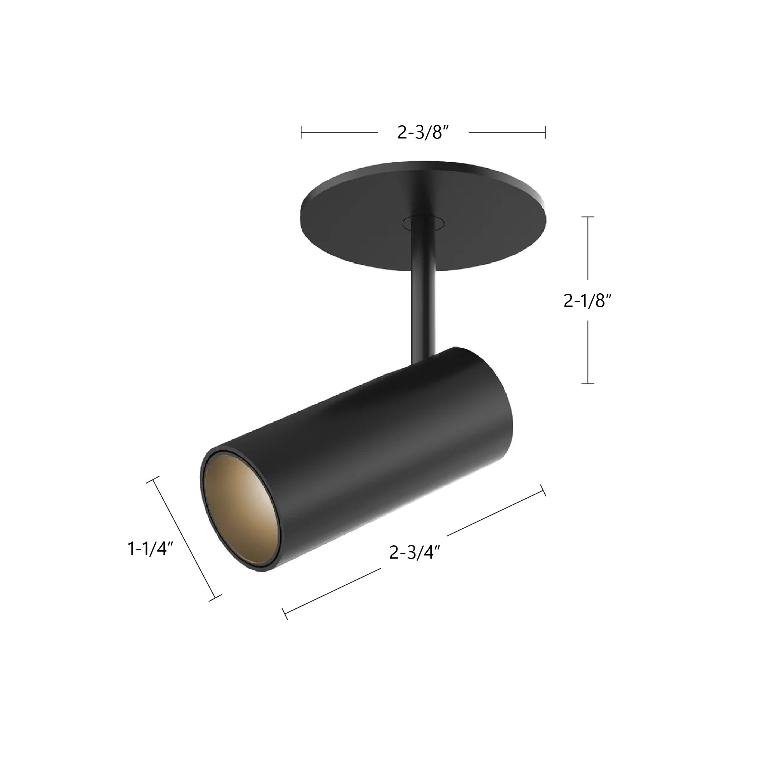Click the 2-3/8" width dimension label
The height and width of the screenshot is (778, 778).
click(423, 133)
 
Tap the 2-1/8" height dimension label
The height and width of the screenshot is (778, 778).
click(587, 301)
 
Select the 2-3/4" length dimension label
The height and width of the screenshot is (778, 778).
click(414, 552)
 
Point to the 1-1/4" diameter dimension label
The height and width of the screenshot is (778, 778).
click(150, 548)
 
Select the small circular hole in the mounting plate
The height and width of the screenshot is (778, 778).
click(423, 222)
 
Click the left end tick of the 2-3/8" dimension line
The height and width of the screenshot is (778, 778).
click(301, 133)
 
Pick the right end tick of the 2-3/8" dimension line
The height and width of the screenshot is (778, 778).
click(545, 133)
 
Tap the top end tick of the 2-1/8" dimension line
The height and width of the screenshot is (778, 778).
click(588, 217)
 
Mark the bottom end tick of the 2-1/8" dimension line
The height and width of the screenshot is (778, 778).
click(588, 384)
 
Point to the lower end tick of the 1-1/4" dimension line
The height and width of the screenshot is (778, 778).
click(215, 598)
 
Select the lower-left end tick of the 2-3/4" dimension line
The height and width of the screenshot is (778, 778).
click(285, 614)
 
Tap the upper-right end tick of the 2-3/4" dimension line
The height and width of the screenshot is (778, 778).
click(543, 491)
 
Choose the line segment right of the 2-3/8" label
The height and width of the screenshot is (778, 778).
click(506, 133)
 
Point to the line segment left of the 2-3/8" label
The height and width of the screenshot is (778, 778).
click(339, 133)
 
